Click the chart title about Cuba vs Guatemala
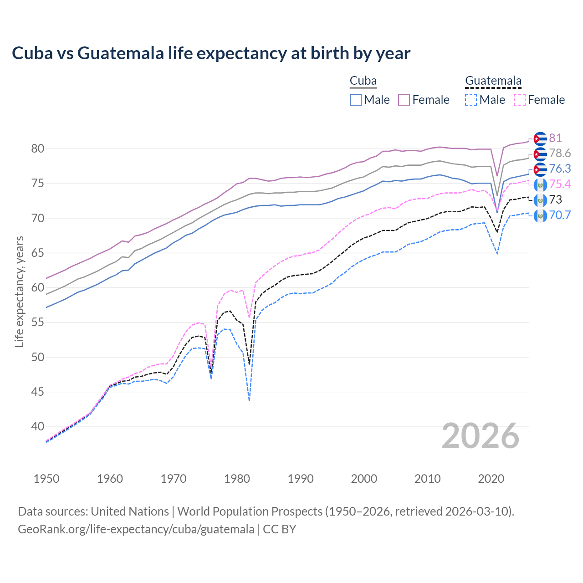pyautogui.click(x=211, y=53)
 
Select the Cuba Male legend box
pyautogui.click(x=356, y=100)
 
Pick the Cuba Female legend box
pyautogui.click(x=404, y=100)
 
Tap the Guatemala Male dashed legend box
pyautogui.click(x=471, y=100)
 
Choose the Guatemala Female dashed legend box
pyautogui.click(x=519, y=100)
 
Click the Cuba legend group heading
pyautogui.click(x=363, y=81)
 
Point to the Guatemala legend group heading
pyautogui.click(x=493, y=81)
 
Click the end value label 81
pyautogui.click(x=555, y=138)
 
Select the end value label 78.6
pyautogui.click(x=560, y=153)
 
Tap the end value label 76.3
pyautogui.click(x=560, y=169)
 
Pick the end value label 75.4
pyautogui.click(x=560, y=184)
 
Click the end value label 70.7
pyautogui.click(x=560, y=215)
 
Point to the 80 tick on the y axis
pyautogui.click(x=38, y=149)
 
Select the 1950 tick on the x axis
pyautogui.click(x=46, y=479)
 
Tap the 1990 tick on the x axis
pyautogui.click(x=301, y=479)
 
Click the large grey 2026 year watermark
pyautogui.click(x=481, y=436)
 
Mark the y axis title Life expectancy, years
pyautogui.click(x=19, y=291)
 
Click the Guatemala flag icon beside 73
pyautogui.click(x=540, y=200)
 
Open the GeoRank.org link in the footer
pyautogui.click(x=136, y=529)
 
